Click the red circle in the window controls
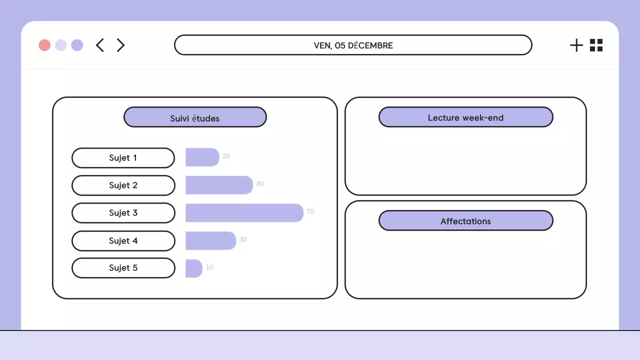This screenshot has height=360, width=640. [44, 45]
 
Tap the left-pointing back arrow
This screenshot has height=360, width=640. [100, 45]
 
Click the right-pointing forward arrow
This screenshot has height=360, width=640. [120, 45]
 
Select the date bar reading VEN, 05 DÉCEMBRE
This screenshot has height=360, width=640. [353, 45]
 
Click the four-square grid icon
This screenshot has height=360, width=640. [596, 45]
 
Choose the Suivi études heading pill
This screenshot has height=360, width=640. [195, 117]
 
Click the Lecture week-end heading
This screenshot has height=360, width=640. [465, 117]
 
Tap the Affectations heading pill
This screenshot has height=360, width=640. [465, 220]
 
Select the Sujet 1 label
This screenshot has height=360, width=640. [123, 158]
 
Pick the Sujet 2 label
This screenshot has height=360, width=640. [123, 185]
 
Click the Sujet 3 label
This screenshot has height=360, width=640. [123, 213]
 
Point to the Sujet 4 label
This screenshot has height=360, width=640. [123, 241]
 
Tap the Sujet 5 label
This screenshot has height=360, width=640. [123, 268]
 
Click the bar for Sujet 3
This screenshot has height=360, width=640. [244, 213]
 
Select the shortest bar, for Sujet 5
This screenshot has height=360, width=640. [193, 268]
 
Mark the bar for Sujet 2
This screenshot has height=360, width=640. [219, 185]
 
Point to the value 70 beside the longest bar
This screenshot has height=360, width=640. [310, 212]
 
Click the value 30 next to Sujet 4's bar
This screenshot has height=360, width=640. [243, 239]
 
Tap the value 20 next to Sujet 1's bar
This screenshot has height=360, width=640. [226, 156]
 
